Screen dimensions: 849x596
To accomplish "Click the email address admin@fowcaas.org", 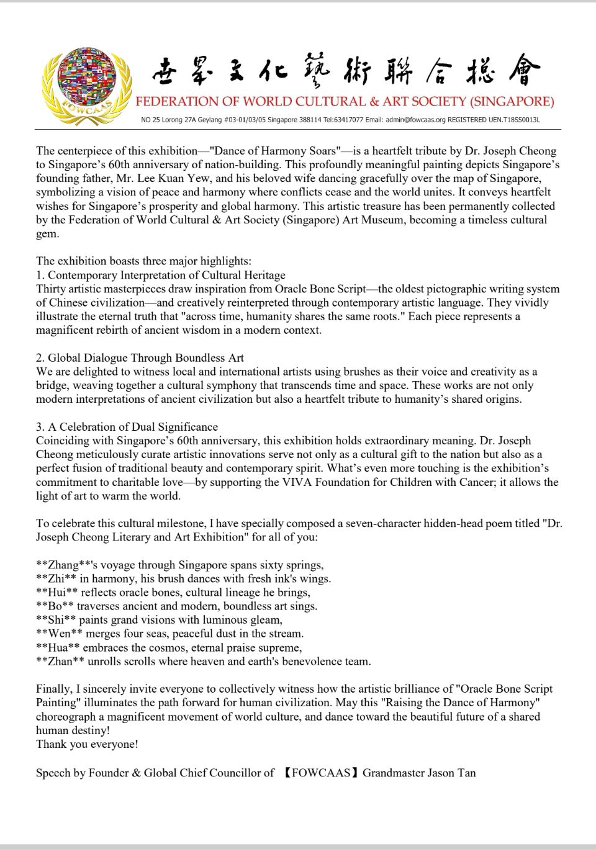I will point(416,119).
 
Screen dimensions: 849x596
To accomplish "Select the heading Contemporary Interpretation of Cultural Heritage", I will point(166,275).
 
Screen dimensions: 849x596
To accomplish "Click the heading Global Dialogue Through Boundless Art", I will point(146,357).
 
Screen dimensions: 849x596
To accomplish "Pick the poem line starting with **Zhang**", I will point(179,565).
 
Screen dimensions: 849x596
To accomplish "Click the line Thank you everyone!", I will point(87,743).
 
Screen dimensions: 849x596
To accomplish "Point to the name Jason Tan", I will point(451,773).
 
